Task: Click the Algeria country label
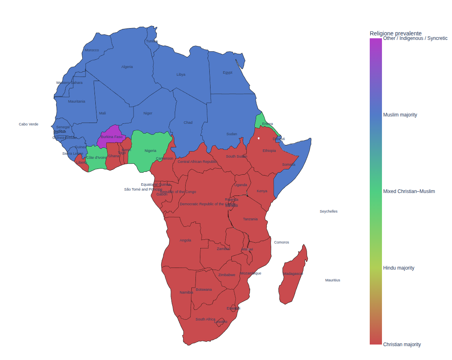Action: point(127,67)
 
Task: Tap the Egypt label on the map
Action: point(228,72)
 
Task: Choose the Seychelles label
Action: point(328,211)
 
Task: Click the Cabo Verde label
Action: point(29,124)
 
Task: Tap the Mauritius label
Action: point(332,280)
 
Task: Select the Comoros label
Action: point(281,242)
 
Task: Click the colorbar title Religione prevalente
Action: point(395,33)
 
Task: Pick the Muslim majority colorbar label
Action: point(400,115)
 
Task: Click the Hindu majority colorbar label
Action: point(399,268)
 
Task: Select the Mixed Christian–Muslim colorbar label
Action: point(409,191)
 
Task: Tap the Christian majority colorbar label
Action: point(402,345)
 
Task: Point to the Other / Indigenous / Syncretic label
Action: point(415,38)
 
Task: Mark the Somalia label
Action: point(289,165)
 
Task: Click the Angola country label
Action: point(185,240)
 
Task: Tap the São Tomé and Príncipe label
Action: point(143,189)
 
